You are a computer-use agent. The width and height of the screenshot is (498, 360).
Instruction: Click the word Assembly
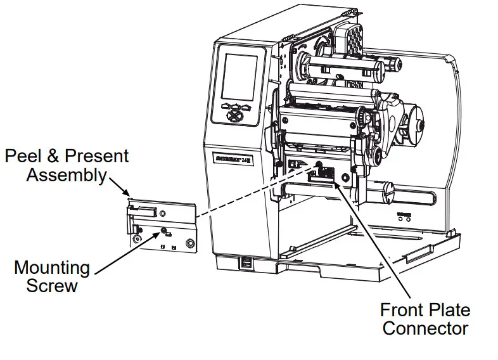point(66,175)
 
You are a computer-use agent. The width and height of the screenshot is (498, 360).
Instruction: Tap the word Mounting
point(52,267)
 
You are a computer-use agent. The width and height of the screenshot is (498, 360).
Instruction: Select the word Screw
point(52,286)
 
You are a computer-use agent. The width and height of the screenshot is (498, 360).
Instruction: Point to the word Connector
point(425,328)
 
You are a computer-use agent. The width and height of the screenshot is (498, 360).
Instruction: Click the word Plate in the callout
point(448,310)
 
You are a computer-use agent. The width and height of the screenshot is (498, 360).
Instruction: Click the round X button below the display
point(234,117)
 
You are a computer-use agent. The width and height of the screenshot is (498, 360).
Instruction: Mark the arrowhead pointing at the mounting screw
point(160,235)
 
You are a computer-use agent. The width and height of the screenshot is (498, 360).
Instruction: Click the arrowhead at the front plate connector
point(337,186)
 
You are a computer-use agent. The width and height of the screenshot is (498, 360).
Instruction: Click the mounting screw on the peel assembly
point(164,231)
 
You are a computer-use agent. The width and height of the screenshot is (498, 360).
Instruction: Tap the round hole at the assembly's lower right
point(188,243)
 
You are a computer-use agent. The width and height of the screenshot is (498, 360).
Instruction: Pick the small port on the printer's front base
point(245,262)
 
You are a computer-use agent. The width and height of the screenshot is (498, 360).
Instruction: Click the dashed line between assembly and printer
point(253,190)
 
